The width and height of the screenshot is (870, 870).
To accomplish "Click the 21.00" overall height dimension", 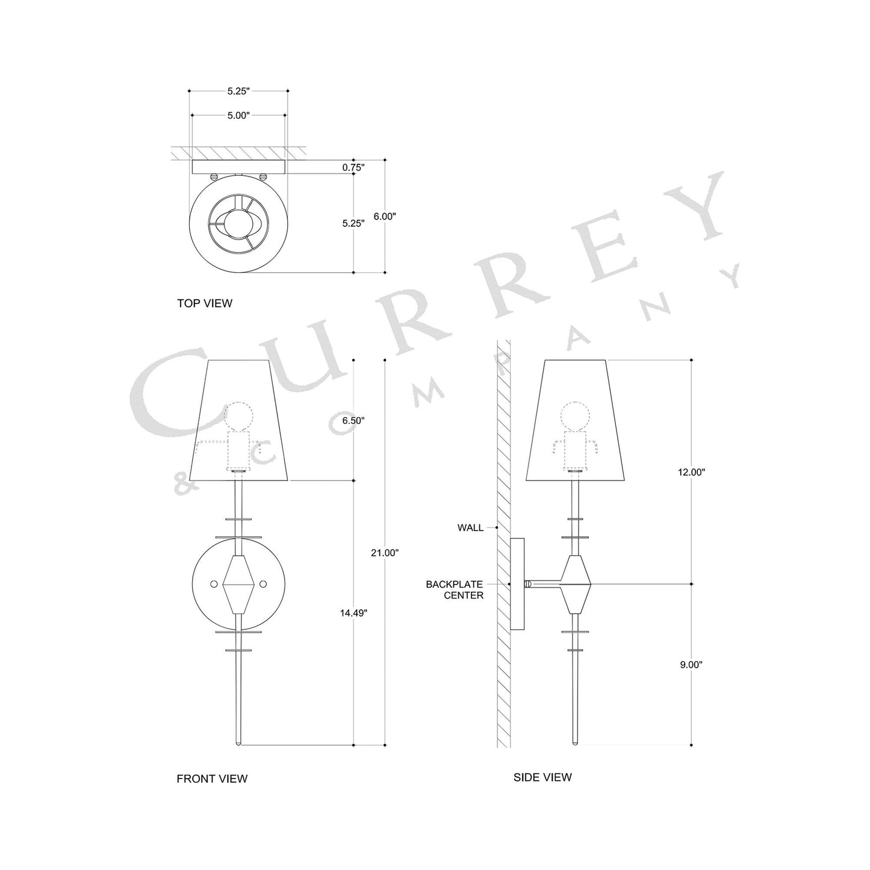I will click(385, 553).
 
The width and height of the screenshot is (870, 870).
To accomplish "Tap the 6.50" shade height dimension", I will click(353, 421).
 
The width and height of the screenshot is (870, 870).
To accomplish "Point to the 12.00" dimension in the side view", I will click(691, 473).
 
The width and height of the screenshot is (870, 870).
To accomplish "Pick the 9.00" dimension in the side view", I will click(691, 665).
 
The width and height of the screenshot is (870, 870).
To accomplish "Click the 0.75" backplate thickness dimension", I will click(353, 168).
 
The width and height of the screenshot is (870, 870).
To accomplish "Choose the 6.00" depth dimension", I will click(385, 216).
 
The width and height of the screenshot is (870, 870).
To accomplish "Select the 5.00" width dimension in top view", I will click(238, 116).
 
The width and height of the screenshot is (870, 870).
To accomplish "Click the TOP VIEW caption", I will click(204, 303).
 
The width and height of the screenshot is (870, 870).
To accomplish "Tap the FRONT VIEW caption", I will click(212, 778).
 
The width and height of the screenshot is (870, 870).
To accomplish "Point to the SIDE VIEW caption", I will click(542, 777).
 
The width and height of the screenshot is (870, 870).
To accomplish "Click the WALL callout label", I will click(470, 528).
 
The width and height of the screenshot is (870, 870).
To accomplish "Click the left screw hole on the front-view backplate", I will click(213, 584).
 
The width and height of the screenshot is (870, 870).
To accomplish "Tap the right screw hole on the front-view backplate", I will click(263, 584).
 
